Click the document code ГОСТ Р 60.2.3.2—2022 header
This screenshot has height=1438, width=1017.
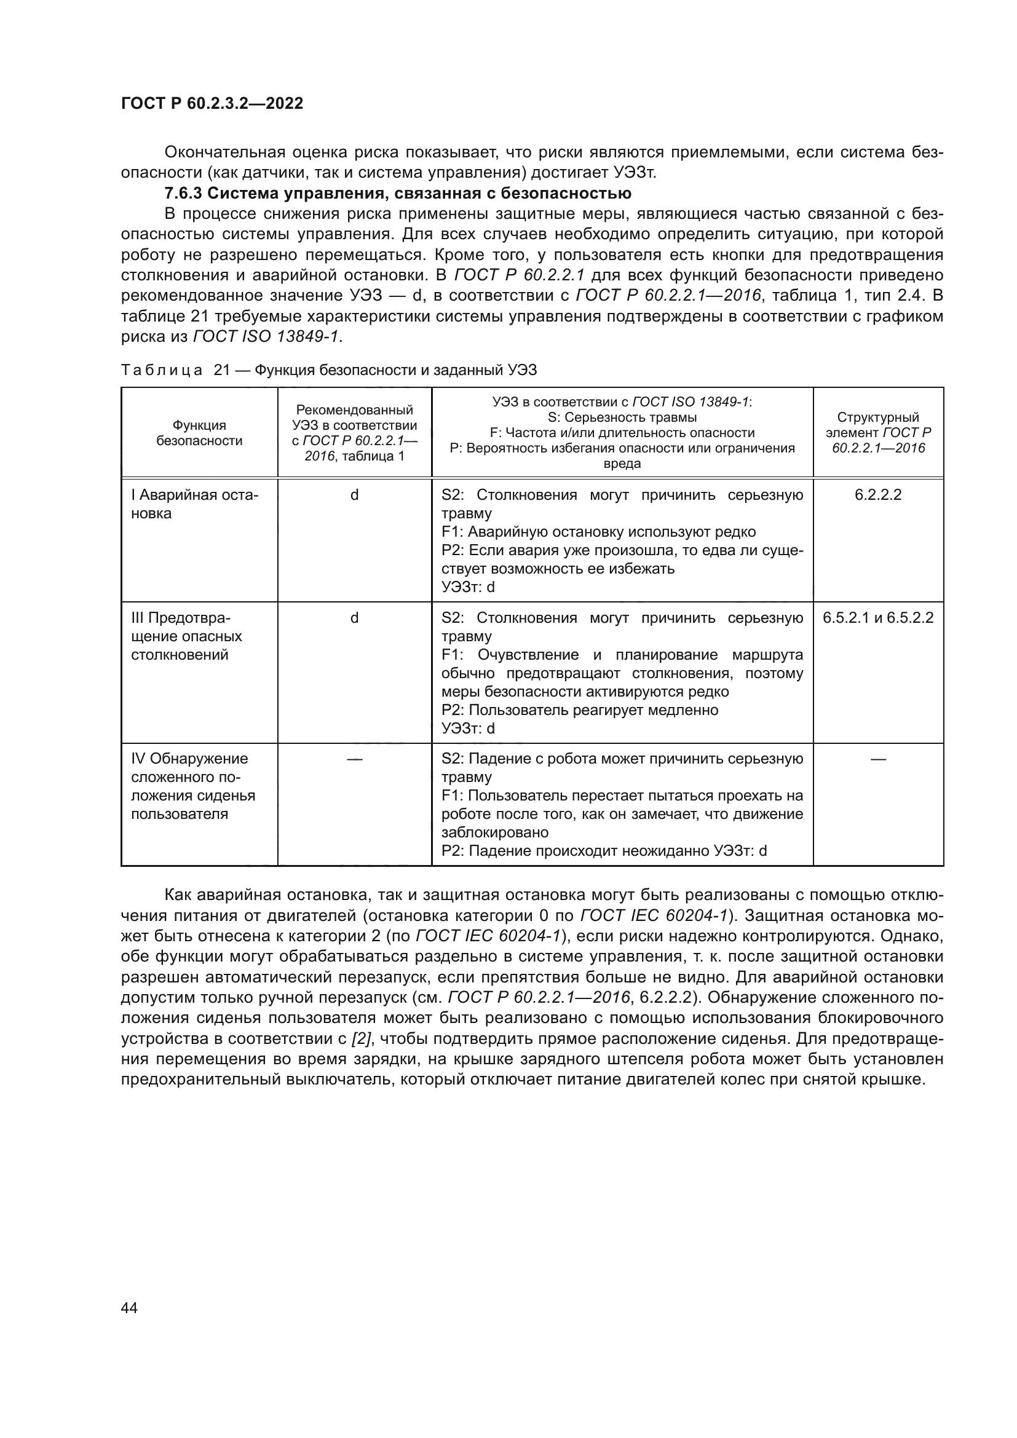(212, 103)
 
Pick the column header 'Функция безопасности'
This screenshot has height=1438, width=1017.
(199, 433)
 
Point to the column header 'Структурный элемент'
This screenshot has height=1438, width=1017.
(878, 433)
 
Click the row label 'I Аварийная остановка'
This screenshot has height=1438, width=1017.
(194, 504)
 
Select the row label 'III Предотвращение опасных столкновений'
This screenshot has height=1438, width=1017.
(187, 636)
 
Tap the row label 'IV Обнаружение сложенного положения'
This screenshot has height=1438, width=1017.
(193, 786)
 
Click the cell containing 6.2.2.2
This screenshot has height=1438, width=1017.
(878, 495)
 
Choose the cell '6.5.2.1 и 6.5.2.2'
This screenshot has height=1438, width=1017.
(878, 618)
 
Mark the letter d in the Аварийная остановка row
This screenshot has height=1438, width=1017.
(354, 495)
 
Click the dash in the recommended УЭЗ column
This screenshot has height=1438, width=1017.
(354, 759)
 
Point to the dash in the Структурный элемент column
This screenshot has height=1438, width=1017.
(878, 759)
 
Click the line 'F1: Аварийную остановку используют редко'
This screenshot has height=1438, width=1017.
(599, 532)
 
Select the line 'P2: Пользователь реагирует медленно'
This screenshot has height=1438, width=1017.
(580, 710)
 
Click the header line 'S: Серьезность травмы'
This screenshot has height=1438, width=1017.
(622, 417)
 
